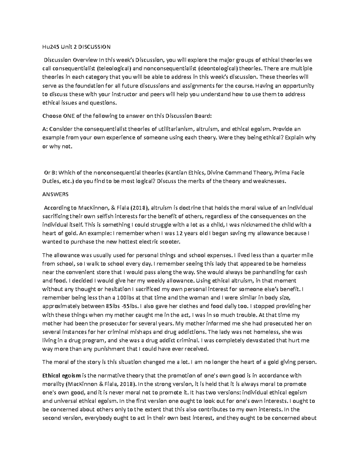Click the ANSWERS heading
pos(55,194)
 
